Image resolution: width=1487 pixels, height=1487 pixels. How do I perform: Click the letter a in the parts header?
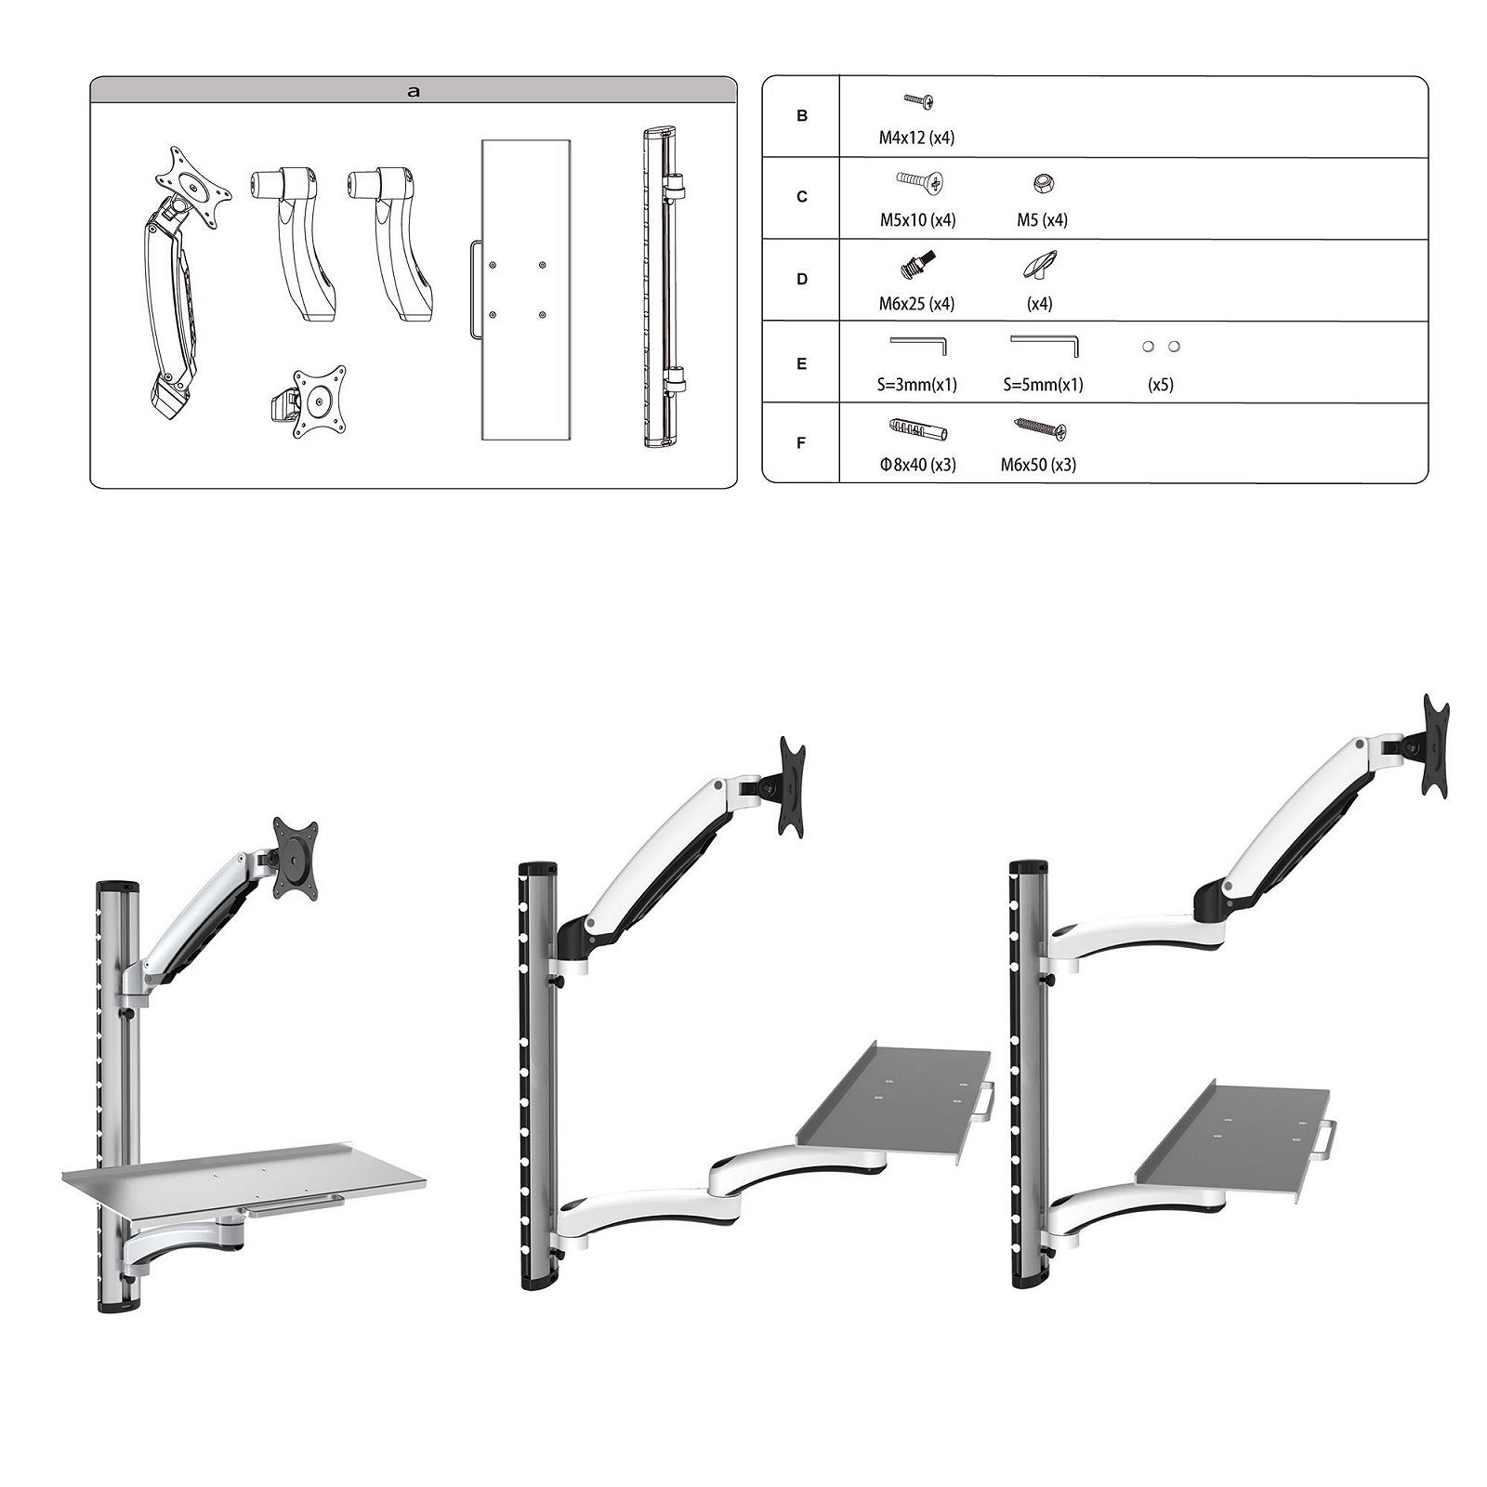414,91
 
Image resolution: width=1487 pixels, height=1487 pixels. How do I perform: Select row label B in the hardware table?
802,116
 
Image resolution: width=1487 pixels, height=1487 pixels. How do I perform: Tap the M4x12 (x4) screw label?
916,138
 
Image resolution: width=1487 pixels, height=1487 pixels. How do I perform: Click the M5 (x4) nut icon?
1042,183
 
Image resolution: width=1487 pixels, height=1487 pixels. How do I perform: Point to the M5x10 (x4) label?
917,220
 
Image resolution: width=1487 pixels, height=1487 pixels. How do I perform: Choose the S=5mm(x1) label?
1043,385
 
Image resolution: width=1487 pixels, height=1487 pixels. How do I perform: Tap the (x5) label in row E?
1161,385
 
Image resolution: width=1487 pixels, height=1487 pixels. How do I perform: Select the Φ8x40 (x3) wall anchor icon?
917,429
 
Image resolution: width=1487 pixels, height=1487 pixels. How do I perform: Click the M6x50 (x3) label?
1038,465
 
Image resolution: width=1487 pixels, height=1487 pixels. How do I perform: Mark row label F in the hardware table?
802,443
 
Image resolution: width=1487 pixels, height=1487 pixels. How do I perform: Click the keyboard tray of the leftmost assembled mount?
243,1176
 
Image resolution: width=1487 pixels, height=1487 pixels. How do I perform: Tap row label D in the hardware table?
802,279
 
